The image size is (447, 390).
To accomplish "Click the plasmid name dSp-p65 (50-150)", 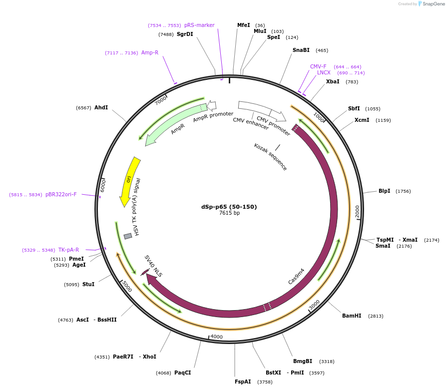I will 229,207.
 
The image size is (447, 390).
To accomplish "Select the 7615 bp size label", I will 229,213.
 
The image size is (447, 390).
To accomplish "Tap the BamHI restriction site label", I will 352,316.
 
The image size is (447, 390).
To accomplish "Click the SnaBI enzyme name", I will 301,50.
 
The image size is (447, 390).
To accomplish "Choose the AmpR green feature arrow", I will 175,125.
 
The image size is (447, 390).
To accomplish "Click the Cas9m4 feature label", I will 296,276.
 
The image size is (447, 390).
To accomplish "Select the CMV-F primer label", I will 318,66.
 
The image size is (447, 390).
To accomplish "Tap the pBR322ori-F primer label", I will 61,195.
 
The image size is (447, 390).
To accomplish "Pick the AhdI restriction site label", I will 101,107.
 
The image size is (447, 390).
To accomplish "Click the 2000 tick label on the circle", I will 357,211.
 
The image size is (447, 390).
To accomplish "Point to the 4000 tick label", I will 216,337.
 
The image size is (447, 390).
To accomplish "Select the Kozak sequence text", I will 270,157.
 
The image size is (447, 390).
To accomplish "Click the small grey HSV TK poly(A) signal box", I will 128,236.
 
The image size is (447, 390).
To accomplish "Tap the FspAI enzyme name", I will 243,382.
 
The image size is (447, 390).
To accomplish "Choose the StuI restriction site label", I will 88,284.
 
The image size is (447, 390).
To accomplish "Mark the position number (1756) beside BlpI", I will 403,191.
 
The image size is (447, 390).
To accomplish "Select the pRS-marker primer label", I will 199,25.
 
